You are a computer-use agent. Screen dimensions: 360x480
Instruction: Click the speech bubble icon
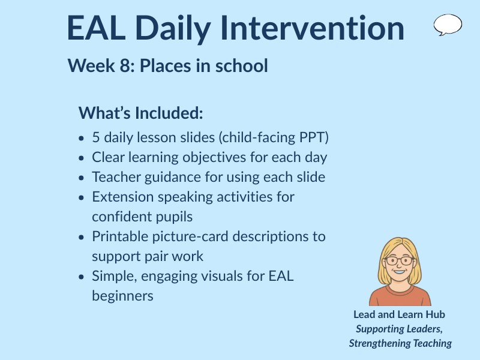pos(448,25)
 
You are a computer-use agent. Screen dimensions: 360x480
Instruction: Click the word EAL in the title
pos(97,28)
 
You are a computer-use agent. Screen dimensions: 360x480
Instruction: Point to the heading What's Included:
pos(141,113)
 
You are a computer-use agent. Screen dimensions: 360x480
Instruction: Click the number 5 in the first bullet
pos(96,137)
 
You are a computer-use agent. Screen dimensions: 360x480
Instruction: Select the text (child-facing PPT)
pos(274,137)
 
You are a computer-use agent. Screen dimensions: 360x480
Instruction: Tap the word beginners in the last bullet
pos(122,296)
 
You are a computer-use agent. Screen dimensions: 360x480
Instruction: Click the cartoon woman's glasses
pos(399,261)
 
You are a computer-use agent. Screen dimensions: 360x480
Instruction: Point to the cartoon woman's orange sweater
pos(400,296)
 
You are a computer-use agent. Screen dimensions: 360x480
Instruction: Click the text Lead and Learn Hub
pos(399,314)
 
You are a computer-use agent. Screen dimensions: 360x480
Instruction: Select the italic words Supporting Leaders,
pos(399,329)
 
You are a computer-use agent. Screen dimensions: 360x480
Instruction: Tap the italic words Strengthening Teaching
pos(400,343)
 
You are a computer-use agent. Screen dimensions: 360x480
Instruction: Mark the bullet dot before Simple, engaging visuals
pos(82,277)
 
